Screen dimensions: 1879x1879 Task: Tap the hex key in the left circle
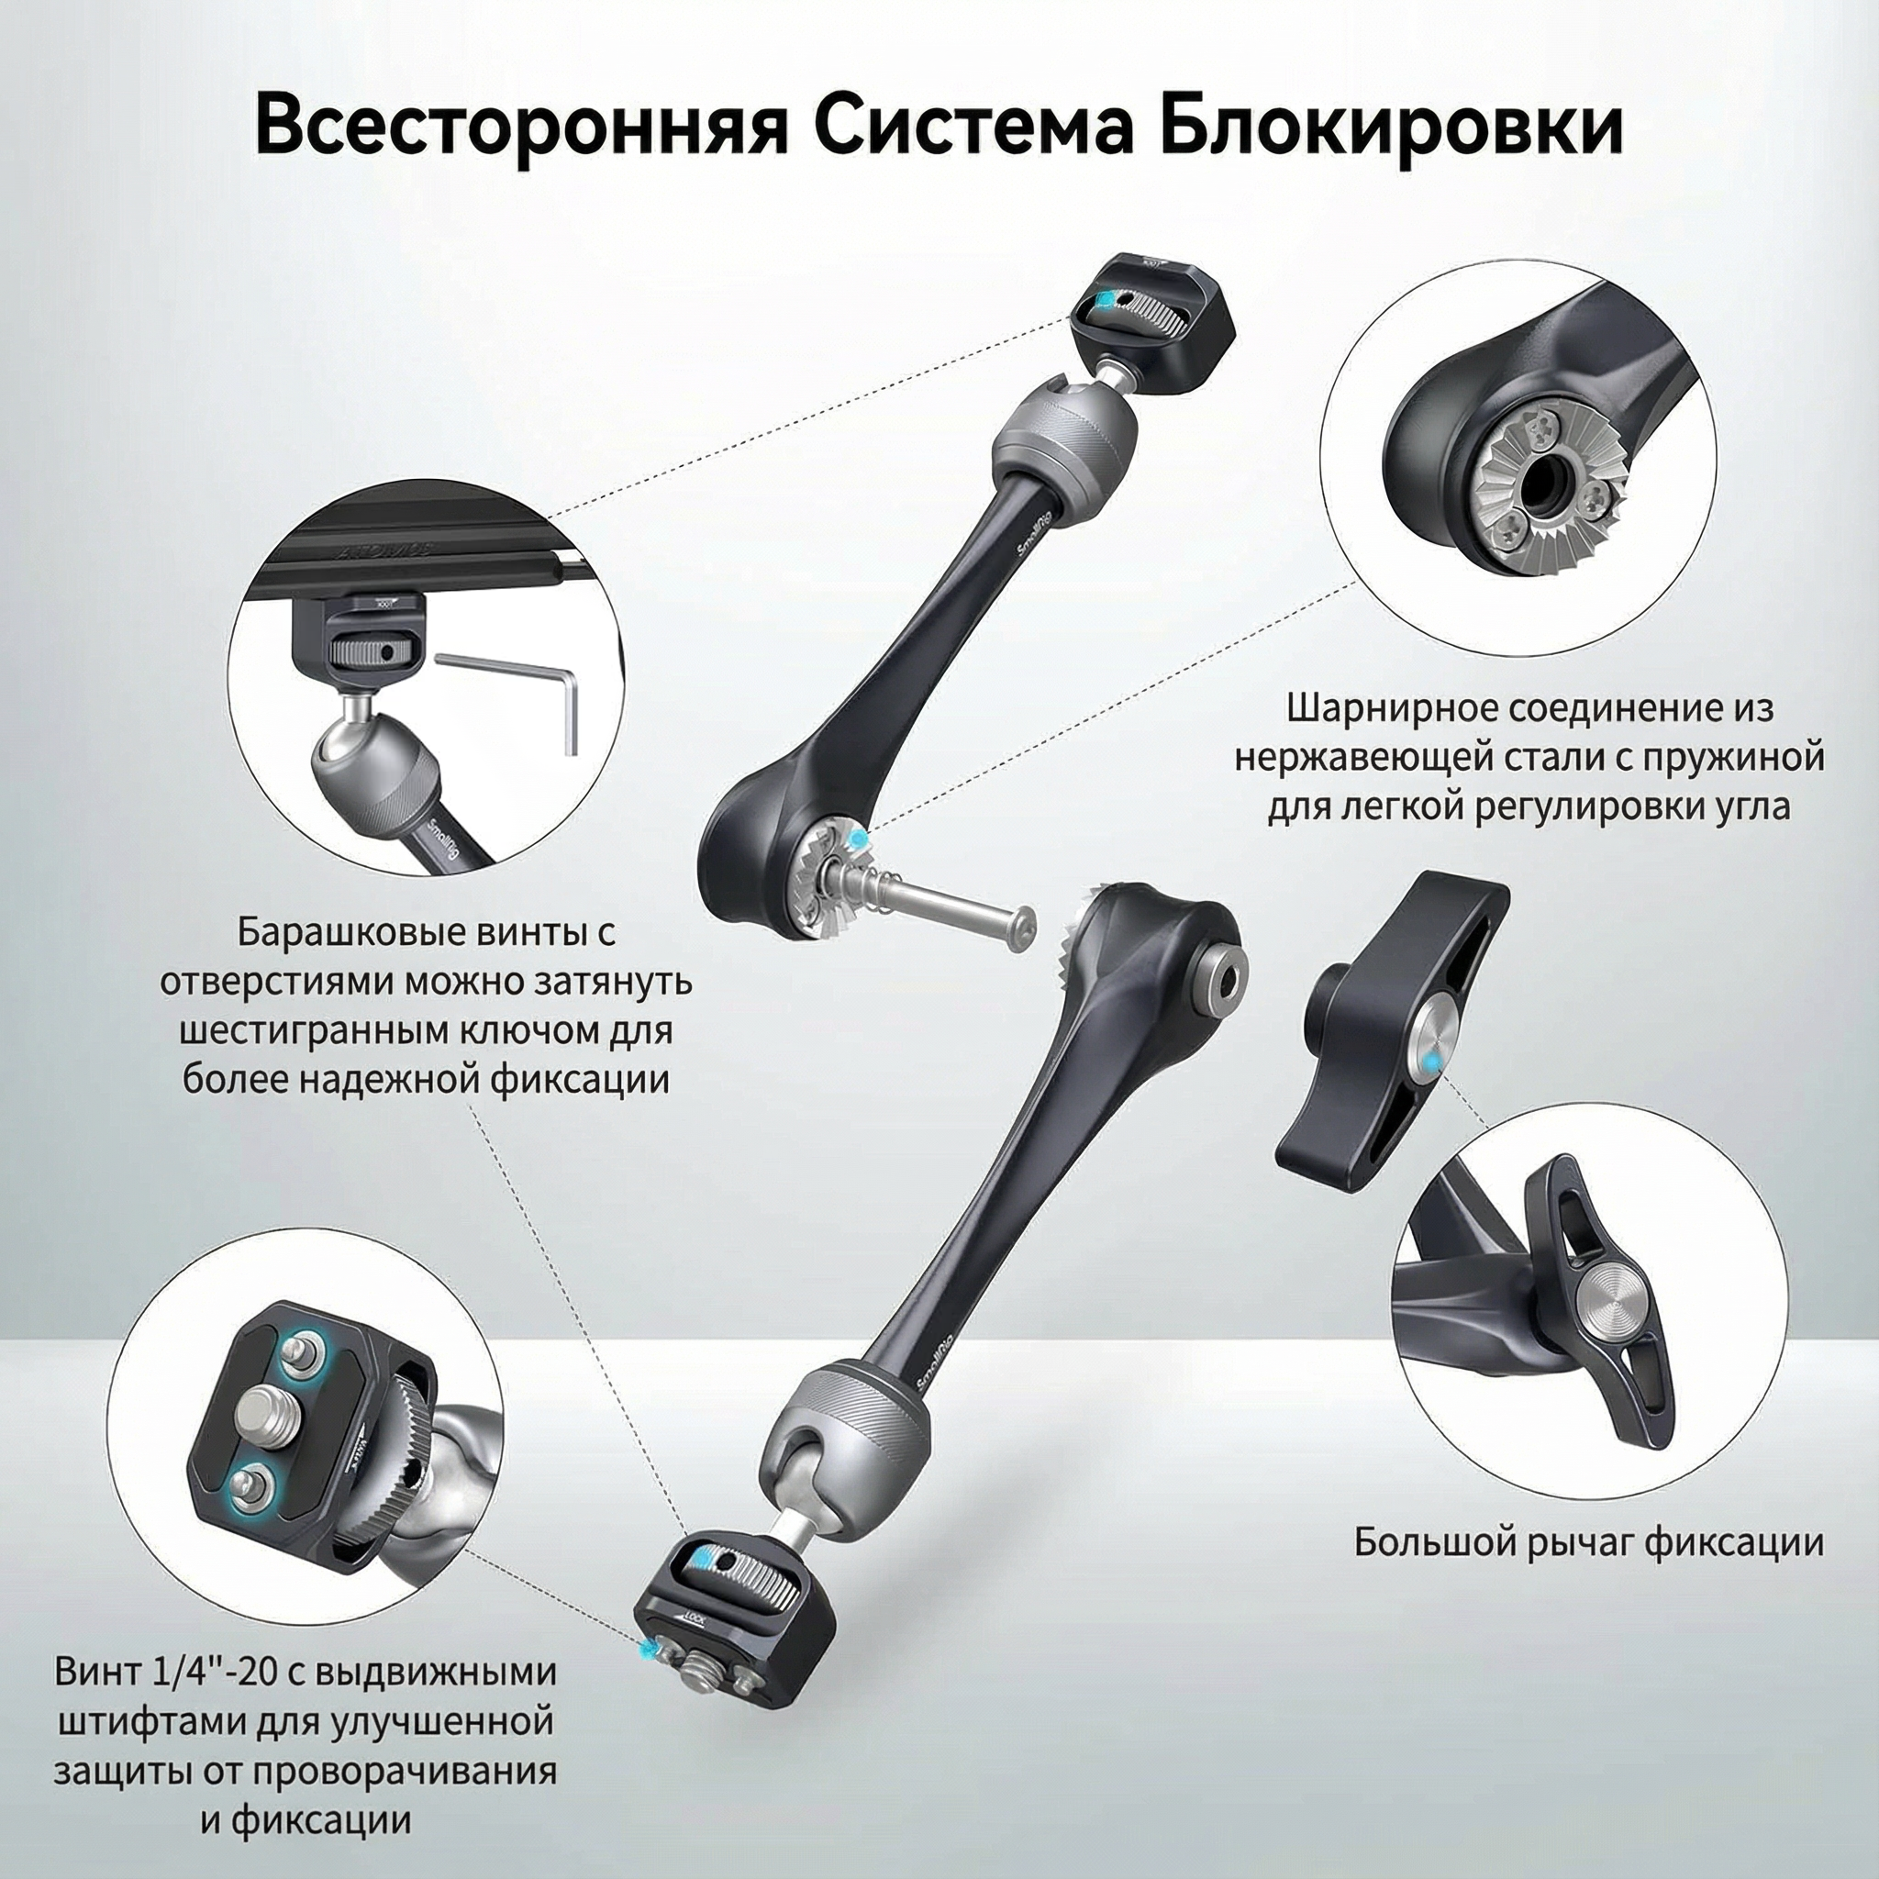point(516,695)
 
